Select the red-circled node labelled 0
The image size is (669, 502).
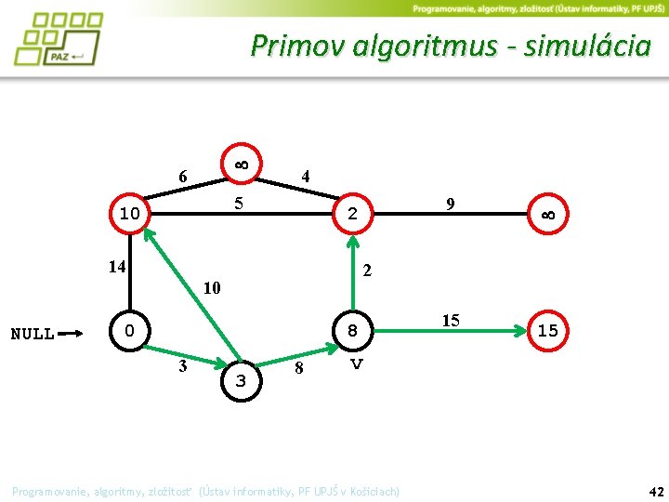(130, 330)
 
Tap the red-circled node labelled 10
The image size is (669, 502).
(130, 215)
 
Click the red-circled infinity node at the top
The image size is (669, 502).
(240, 165)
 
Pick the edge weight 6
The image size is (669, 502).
(183, 177)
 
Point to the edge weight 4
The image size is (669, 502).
(306, 176)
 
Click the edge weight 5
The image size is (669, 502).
(239, 202)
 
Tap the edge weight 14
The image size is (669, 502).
(116, 268)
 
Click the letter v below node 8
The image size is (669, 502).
(355, 364)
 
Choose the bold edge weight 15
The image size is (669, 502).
(451, 321)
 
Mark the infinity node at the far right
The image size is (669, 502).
(548, 215)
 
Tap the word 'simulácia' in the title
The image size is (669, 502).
(586, 46)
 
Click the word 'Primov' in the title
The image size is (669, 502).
(297, 46)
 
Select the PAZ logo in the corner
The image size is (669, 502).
(58, 39)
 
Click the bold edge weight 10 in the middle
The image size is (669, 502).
(212, 288)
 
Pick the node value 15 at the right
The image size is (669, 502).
(548, 331)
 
